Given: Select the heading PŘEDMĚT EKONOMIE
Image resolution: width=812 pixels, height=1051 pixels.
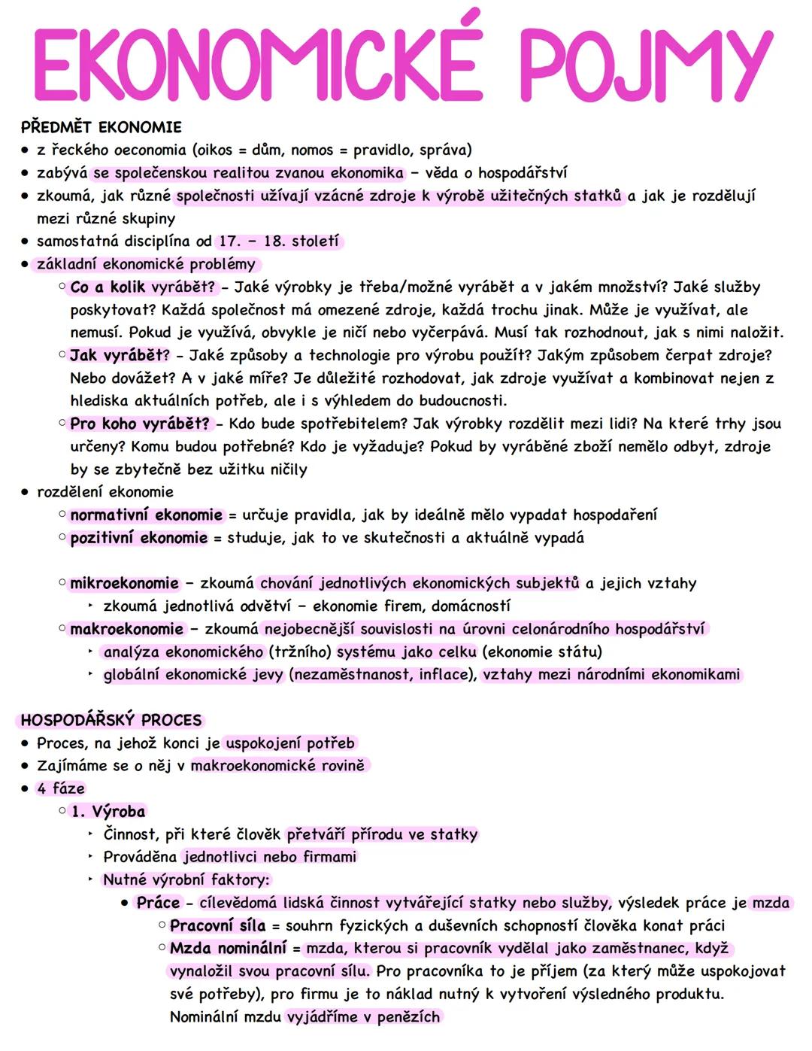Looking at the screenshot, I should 101,126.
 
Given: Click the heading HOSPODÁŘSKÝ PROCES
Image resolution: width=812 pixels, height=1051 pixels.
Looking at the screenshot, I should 111,720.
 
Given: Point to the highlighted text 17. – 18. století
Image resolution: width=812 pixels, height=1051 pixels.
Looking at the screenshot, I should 278,241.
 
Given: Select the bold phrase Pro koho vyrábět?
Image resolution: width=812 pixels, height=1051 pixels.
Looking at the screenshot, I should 140,424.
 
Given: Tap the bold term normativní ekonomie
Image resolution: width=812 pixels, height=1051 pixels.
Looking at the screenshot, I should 147,515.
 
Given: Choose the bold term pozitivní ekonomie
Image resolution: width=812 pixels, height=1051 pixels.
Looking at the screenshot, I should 139,538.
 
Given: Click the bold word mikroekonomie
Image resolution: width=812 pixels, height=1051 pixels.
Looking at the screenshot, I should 125,584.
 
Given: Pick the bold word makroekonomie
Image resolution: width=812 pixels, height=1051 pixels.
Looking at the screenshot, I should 127,629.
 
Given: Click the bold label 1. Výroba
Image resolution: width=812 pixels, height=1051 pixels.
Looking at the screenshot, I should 108,812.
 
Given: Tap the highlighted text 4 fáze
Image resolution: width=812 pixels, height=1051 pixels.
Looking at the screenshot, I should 61,788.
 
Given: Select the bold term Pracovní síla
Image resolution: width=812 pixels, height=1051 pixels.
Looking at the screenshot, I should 217,925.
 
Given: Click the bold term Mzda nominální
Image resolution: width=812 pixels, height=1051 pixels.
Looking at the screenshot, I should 229,948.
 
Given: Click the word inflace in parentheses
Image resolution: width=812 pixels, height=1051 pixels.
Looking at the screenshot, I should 444,675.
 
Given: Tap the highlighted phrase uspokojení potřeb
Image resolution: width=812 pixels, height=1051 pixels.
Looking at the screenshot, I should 290,743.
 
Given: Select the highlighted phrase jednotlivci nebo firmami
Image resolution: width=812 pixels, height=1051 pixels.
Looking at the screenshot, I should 270,857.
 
